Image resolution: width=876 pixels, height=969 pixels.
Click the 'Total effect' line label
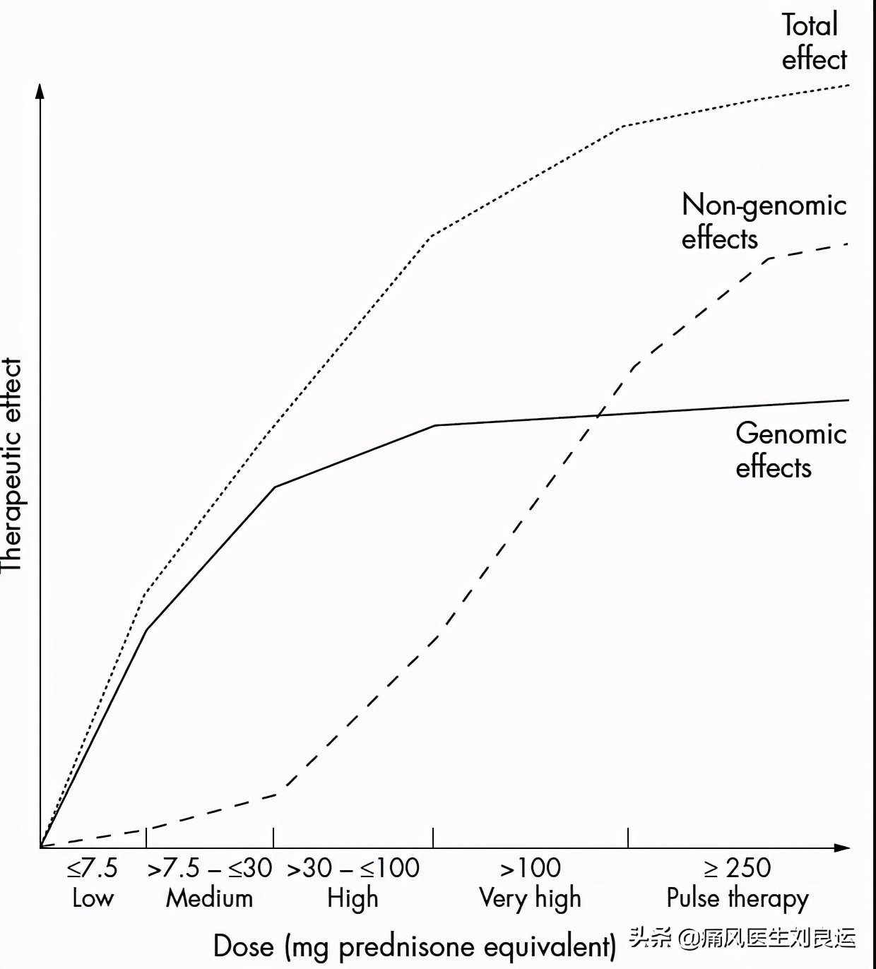(x=813, y=42)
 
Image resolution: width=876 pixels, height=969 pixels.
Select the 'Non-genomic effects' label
(x=763, y=222)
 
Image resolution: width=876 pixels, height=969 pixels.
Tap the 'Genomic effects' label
(x=791, y=450)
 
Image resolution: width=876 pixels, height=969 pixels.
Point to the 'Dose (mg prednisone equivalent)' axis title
(x=415, y=946)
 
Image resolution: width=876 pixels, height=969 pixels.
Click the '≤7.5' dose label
(x=93, y=868)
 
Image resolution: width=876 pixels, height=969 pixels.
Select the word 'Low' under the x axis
(x=93, y=898)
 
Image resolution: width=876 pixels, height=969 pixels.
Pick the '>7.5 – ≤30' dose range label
(x=209, y=868)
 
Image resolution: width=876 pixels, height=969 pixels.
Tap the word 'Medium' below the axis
(x=209, y=898)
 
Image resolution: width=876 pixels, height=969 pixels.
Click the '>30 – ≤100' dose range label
(x=353, y=868)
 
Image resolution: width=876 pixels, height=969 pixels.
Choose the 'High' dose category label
(x=353, y=899)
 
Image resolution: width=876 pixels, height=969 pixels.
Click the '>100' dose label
(x=531, y=868)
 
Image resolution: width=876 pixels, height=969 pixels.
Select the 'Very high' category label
(x=530, y=899)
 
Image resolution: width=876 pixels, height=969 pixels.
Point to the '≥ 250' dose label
(x=738, y=868)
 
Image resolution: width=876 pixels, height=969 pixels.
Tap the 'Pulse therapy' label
(x=738, y=899)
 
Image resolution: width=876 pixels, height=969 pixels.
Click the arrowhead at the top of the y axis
(x=40, y=90)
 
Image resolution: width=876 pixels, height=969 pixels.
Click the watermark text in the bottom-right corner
(x=742, y=938)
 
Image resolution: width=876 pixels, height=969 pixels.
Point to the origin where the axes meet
(x=40, y=847)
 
